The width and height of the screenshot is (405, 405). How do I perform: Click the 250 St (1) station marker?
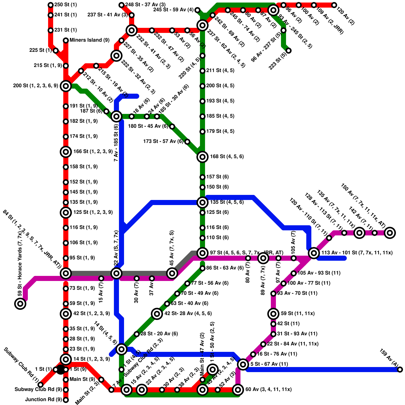51,5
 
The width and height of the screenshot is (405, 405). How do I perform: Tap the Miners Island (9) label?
89,40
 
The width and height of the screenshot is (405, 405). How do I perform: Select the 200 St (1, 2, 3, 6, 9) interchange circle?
66,86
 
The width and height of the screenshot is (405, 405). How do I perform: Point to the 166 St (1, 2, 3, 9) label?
93,151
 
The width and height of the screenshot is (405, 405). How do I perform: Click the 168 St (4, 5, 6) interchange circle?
202,157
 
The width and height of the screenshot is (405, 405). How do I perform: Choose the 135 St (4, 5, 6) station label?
227,202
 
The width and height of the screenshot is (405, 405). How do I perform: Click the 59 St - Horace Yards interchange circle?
20,303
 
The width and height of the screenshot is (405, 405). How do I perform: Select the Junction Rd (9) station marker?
66,400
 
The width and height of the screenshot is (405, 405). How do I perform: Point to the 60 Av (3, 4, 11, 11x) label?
268,389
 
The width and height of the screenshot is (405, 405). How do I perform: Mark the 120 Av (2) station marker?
334,5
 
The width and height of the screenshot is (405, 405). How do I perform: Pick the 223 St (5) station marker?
289,51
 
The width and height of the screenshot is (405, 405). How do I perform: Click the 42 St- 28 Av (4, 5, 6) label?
188,313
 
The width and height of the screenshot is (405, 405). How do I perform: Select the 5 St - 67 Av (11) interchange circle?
243,364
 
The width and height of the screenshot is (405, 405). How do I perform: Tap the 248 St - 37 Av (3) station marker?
121,5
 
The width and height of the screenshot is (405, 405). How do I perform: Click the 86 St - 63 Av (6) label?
225,268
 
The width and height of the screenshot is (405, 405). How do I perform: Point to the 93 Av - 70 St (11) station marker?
273,294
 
